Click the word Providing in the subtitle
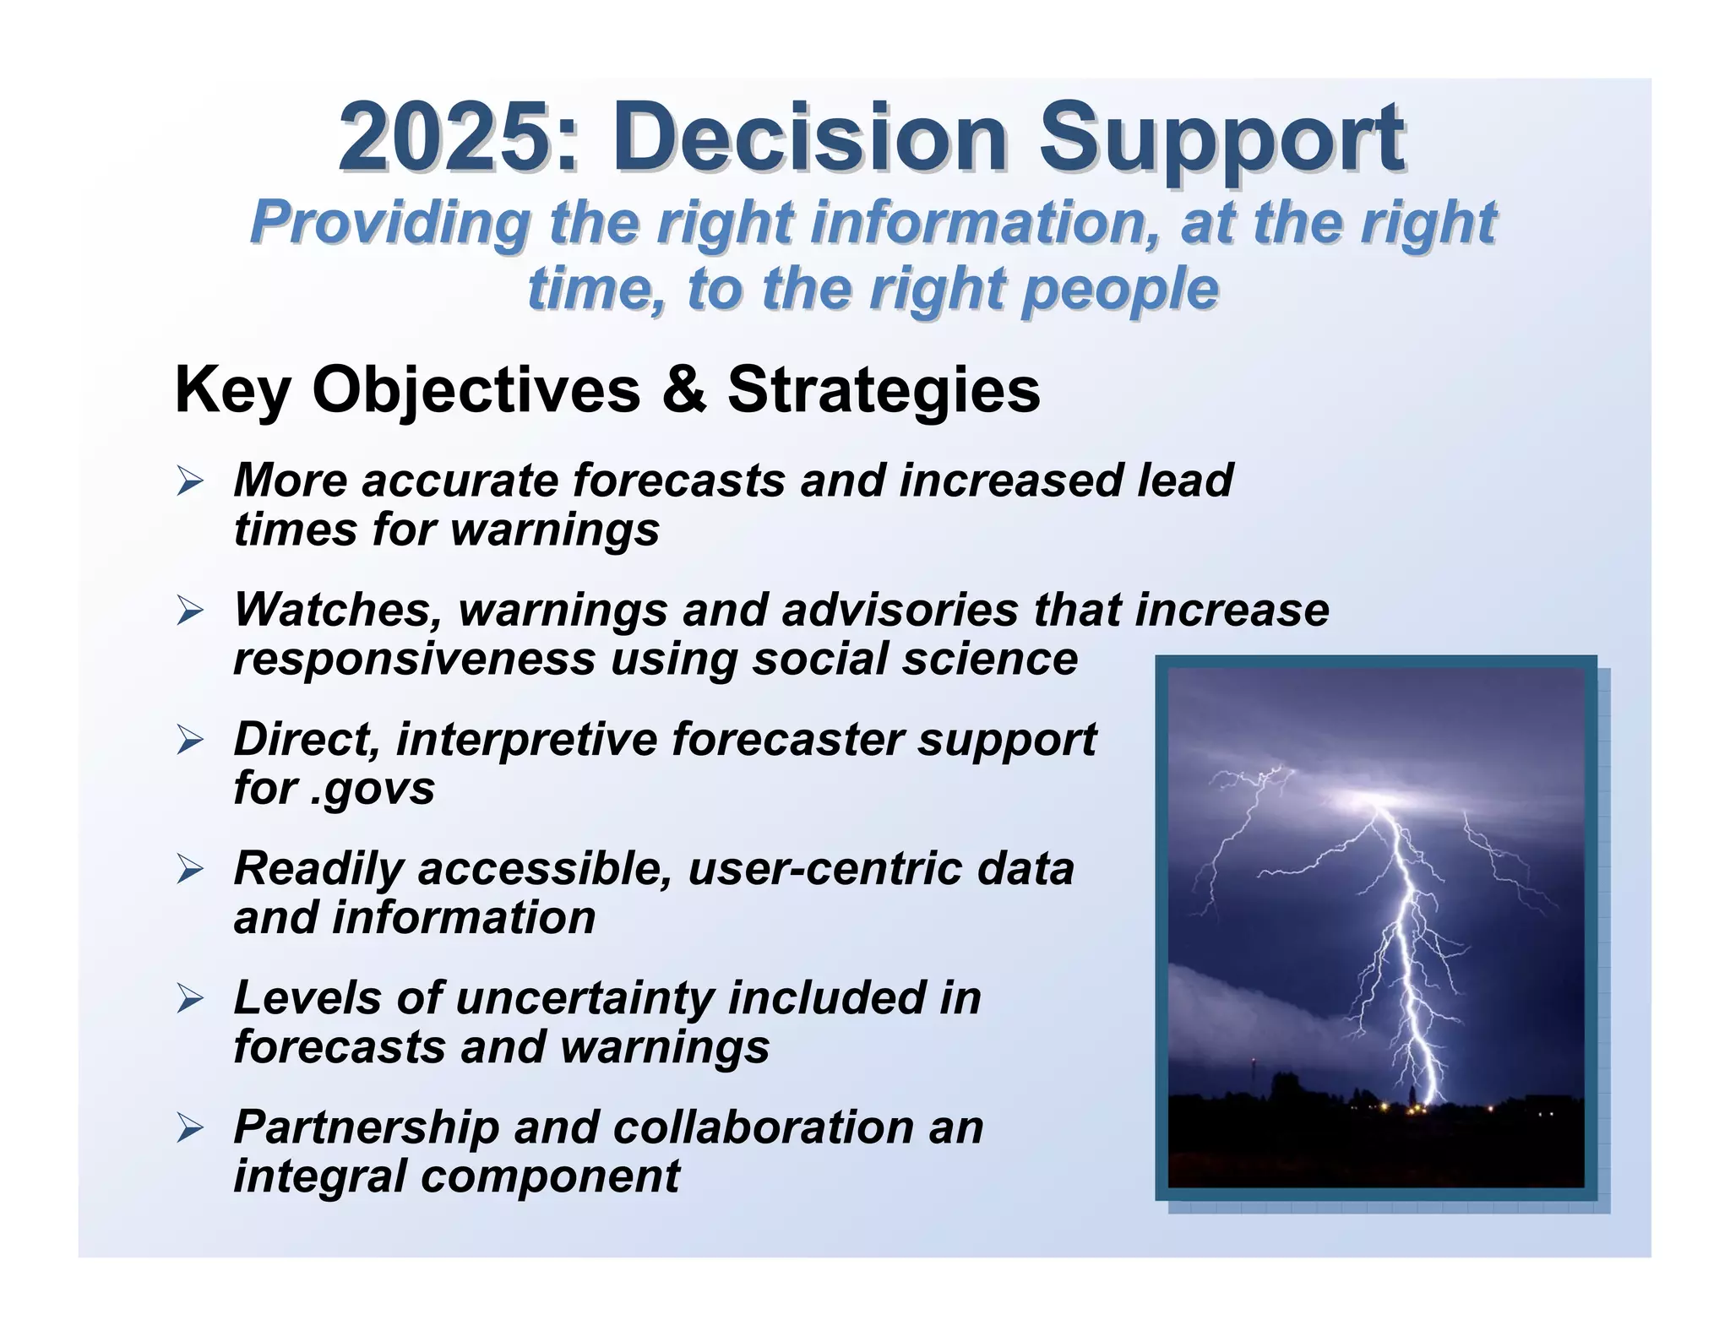390,223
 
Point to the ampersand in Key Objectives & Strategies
683,390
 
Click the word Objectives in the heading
476,390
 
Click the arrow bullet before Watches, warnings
190,611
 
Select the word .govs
373,789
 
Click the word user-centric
824,869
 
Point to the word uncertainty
585,998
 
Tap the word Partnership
367,1127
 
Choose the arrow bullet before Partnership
190,1129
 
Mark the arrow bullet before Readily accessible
190,871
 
